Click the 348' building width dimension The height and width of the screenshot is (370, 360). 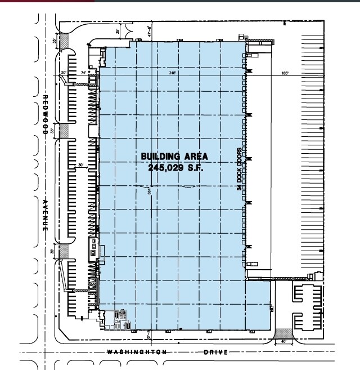(172, 73)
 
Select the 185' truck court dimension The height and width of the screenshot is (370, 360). (285, 73)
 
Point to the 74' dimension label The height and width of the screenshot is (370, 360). (83, 73)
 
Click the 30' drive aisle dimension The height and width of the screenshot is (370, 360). (81, 165)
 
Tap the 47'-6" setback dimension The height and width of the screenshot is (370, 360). (150, 33)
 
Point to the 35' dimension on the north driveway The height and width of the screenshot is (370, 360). (118, 32)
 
